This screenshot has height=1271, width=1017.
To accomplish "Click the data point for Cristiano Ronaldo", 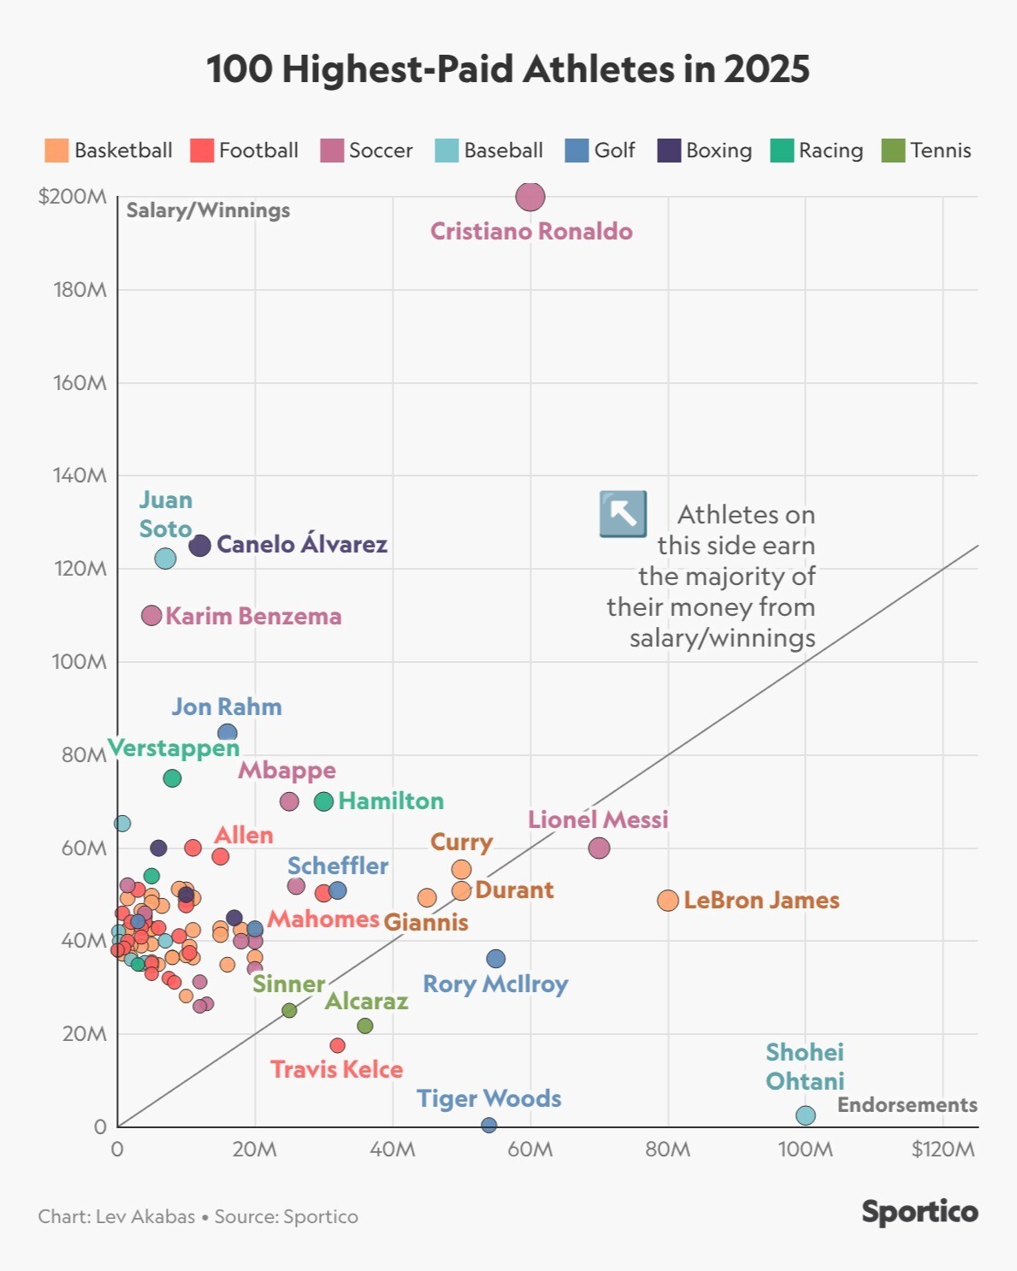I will [x=530, y=197].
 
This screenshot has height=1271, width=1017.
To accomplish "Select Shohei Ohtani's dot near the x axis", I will [x=806, y=1115].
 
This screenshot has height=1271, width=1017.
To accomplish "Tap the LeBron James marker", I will [x=668, y=901].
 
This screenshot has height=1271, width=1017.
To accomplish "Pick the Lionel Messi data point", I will [x=600, y=848].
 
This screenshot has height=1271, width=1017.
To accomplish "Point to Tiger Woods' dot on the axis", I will [x=488, y=1125].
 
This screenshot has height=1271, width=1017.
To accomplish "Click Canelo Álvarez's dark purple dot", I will [x=199, y=546].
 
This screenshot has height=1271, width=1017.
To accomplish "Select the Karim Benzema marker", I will [x=151, y=615].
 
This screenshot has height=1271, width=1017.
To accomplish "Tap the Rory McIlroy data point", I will [x=495, y=959].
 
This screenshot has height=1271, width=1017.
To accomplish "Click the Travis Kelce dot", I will [x=338, y=1045].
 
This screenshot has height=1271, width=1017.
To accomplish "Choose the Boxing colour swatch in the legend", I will [x=669, y=151].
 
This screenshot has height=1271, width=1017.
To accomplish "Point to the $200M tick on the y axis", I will [x=73, y=197].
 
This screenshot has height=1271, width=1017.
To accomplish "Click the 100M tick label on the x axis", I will [x=805, y=1149].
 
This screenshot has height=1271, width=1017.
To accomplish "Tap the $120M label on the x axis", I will [x=943, y=1149].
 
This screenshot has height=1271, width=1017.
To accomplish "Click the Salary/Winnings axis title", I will [x=208, y=210].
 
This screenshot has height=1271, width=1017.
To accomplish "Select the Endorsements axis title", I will [x=907, y=1104].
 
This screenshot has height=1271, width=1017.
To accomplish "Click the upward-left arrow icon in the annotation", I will [x=623, y=514].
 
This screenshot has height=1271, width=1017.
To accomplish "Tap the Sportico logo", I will [x=919, y=1212].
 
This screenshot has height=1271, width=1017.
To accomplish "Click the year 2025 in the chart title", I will [x=766, y=69].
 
